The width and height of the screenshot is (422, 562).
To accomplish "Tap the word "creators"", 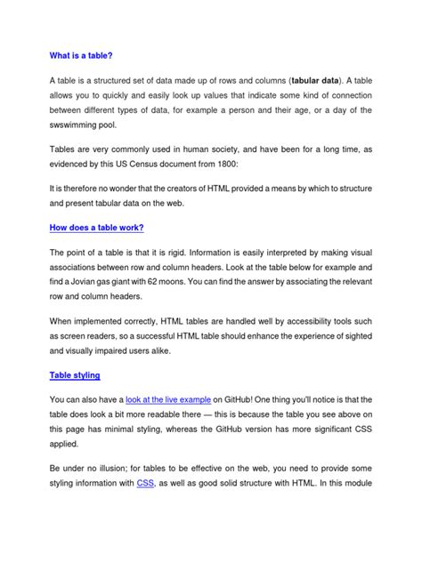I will [175, 189].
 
